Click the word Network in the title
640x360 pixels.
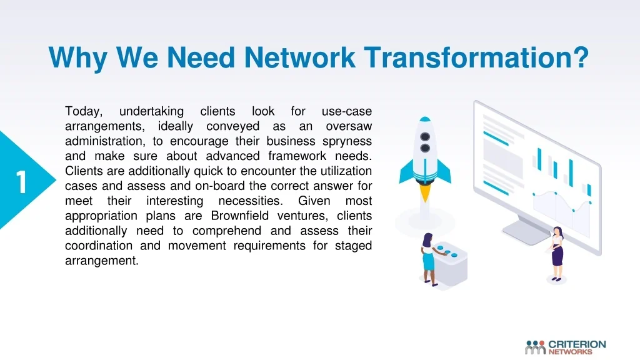299,57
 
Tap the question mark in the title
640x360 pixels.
581,57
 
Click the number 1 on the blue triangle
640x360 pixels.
21,182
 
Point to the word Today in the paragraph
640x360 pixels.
84,112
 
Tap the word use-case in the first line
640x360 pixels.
346,111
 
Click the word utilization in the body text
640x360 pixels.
346,171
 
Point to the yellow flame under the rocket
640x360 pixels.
425,193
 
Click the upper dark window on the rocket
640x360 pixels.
425,136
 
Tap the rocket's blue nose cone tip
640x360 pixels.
425,119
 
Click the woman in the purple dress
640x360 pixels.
556,254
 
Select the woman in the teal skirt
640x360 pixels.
428,259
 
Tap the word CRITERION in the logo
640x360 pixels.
577,344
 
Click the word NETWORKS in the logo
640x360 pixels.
570,352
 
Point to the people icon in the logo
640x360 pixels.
535,347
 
